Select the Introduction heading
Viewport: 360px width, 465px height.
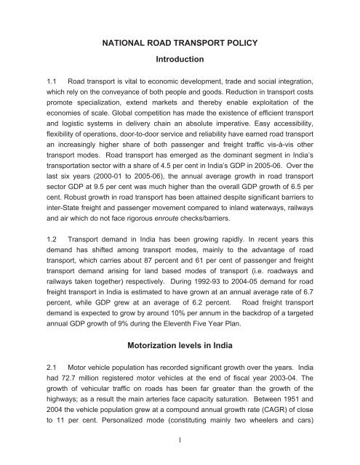click(x=180, y=72)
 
